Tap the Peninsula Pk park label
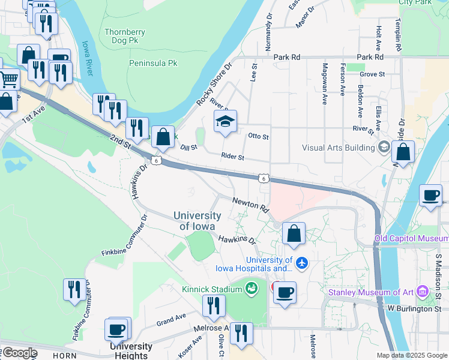[154, 62]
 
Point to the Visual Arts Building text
[339, 148]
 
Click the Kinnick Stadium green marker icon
[250, 289]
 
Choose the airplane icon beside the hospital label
[301, 263]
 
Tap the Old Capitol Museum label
[411, 239]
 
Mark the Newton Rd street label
[250, 205]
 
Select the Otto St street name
[259, 137]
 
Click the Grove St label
[372, 74]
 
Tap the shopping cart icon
[8, 79]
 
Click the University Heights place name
[131, 351]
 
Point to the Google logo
[19, 353]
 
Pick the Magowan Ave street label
[325, 84]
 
